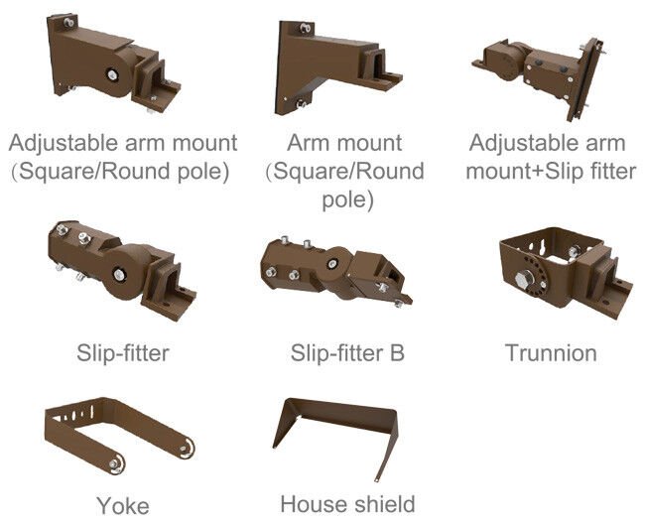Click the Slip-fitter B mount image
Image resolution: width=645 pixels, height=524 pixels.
coord(337,273)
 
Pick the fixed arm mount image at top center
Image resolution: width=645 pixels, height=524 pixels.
coord(331,65)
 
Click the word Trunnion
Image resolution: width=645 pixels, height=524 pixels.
coord(551,352)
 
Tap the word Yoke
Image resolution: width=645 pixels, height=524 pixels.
coord(123,505)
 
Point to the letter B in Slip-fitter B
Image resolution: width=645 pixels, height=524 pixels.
coord(396,352)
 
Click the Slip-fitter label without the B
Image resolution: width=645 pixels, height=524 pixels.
coord(123,352)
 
